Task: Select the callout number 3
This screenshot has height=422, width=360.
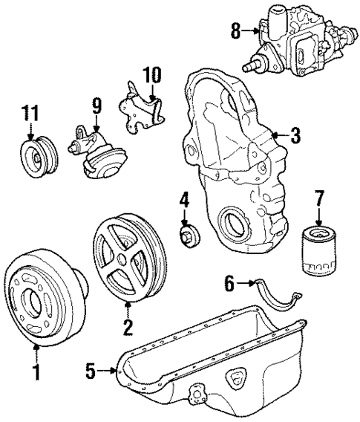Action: (295, 136)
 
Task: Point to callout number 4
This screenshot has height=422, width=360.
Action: (184, 200)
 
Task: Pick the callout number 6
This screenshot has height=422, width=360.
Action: (229, 283)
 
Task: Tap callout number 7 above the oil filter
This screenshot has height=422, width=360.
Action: (320, 200)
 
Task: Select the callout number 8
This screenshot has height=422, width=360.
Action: (236, 31)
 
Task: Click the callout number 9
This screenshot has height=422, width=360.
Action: (96, 105)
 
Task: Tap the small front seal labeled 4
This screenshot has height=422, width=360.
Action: (189, 237)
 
